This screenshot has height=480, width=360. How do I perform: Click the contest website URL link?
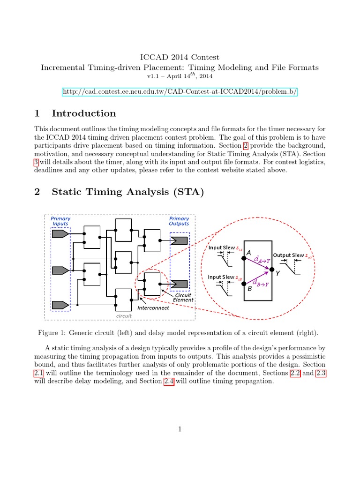[x=180, y=91]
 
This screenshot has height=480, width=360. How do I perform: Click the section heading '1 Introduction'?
[x=75, y=113]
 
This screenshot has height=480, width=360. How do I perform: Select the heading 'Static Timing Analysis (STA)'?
[x=127, y=192]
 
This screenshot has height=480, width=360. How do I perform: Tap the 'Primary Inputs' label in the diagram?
[x=60, y=221]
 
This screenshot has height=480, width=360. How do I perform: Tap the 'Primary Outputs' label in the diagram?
[x=179, y=221]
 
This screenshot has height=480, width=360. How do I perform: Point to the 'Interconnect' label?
[x=153, y=308]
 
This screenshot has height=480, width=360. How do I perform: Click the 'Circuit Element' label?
[x=183, y=298]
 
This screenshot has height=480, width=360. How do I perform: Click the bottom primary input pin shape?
[x=60, y=305]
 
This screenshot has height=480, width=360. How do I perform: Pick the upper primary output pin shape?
[x=180, y=241]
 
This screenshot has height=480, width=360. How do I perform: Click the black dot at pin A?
[x=243, y=257]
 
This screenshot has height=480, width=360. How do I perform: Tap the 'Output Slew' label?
[x=289, y=255]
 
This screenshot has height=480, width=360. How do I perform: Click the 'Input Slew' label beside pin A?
[x=222, y=247]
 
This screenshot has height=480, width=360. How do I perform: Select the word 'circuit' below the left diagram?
[x=124, y=316]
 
